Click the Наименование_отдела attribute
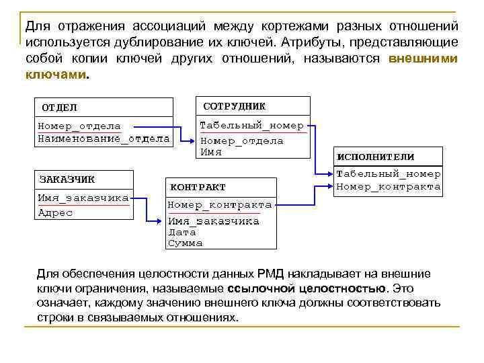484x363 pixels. click(104, 138)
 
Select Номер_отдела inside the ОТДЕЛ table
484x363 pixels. click(79, 126)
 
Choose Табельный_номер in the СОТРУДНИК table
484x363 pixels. click(251, 125)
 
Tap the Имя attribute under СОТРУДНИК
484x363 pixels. click(211, 152)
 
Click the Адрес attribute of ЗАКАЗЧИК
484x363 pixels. click(55, 212)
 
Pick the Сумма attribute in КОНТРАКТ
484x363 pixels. click(185, 243)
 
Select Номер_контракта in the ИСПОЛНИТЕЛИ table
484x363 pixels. click(389, 186)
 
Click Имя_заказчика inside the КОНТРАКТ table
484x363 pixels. click(214, 221)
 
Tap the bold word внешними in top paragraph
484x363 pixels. click(424, 58)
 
